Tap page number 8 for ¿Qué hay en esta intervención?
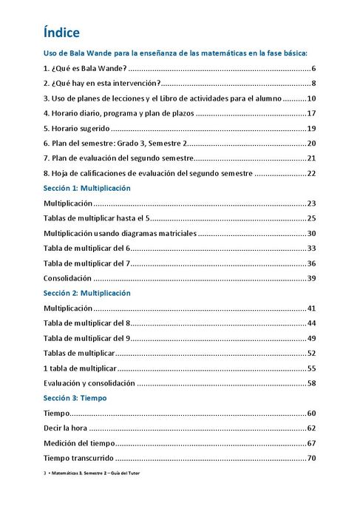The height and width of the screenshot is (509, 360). pyautogui.click(x=313, y=83)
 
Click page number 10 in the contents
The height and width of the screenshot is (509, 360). pyautogui.click(x=311, y=98)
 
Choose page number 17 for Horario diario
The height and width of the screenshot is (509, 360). pyautogui.click(x=311, y=113)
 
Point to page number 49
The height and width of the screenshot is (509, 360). pyautogui.click(x=311, y=338)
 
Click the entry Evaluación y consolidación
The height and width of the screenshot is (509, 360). pyautogui.click(x=89, y=383)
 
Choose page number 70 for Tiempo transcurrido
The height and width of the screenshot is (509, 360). pyautogui.click(x=311, y=459)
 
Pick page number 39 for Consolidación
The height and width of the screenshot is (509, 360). pyautogui.click(x=311, y=278)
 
